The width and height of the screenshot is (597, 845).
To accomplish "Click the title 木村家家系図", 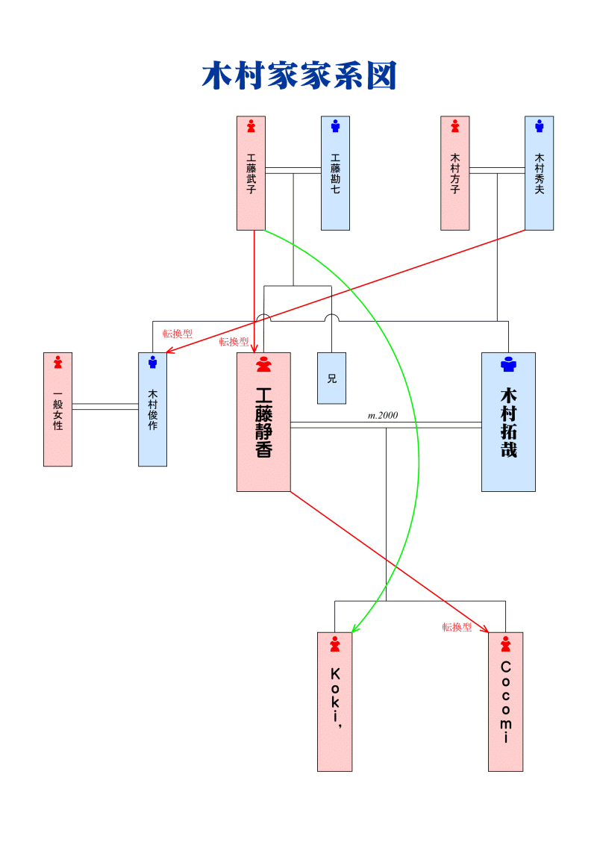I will pos(298,76).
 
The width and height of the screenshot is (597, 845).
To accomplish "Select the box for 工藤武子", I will pos(251,173).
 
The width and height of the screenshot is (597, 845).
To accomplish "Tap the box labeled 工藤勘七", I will pos(335,173).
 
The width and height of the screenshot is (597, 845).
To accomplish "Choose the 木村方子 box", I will pos(455,173).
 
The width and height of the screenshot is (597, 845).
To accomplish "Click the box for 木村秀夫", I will pos(539,173).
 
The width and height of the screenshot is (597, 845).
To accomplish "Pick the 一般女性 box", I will pos(57,409).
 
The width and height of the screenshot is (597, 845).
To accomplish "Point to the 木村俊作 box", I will pos(152,409).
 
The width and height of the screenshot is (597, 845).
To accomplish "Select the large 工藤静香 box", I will pos(263,422).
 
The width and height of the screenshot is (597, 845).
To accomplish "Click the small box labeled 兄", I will pos(331,378).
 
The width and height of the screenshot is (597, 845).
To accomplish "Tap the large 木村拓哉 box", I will pos(508,422).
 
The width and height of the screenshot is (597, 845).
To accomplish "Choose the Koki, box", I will pos(334,702).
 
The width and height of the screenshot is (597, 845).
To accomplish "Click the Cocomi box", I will pos(505,702).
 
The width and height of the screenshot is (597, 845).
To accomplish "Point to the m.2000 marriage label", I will pos(383,415).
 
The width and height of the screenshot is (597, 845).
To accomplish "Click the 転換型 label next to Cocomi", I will pos(457,627).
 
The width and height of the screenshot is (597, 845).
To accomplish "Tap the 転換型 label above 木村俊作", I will pos(178,334).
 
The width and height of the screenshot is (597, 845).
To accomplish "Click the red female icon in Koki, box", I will pos(335,643).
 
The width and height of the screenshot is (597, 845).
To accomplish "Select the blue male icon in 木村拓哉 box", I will pos(508,364).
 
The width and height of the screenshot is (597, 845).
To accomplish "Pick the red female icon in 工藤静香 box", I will pos(263,364).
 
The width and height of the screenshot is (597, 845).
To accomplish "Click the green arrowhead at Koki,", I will pos(355,629).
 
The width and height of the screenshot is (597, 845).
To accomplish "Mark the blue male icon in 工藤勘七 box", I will pos(335,126).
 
